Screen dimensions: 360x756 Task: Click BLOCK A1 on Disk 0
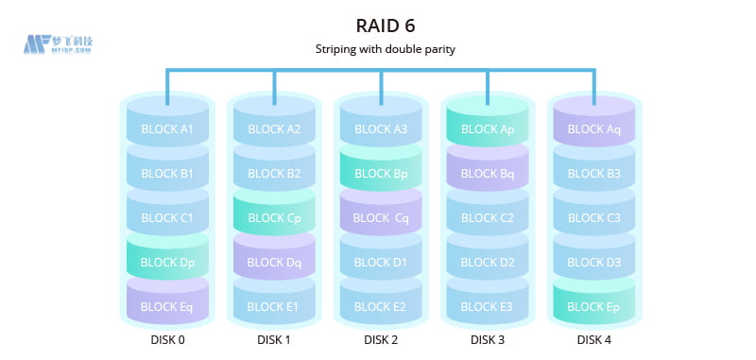(x=167, y=129)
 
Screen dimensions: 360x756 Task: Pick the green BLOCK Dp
(x=167, y=263)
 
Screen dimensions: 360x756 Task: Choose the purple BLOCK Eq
(x=167, y=307)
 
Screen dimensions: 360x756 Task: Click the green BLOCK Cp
(x=274, y=218)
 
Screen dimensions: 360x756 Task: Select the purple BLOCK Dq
(x=274, y=263)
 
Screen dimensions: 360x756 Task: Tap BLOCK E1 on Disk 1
(x=274, y=307)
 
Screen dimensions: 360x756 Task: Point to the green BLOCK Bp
(x=381, y=174)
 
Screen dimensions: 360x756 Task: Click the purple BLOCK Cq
(x=381, y=218)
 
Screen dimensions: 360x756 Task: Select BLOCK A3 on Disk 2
(x=381, y=129)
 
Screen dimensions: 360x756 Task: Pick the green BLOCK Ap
(x=488, y=129)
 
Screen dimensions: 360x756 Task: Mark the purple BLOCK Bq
(x=488, y=174)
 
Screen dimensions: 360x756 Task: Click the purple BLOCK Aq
(x=594, y=129)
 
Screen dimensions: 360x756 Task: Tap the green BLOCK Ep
(x=594, y=307)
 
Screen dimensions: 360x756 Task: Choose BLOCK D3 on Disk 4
(x=594, y=263)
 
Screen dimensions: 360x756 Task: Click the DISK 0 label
(x=167, y=340)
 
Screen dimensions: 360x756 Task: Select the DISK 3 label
(x=488, y=340)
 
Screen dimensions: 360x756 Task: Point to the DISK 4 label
(x=594, y=340)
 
